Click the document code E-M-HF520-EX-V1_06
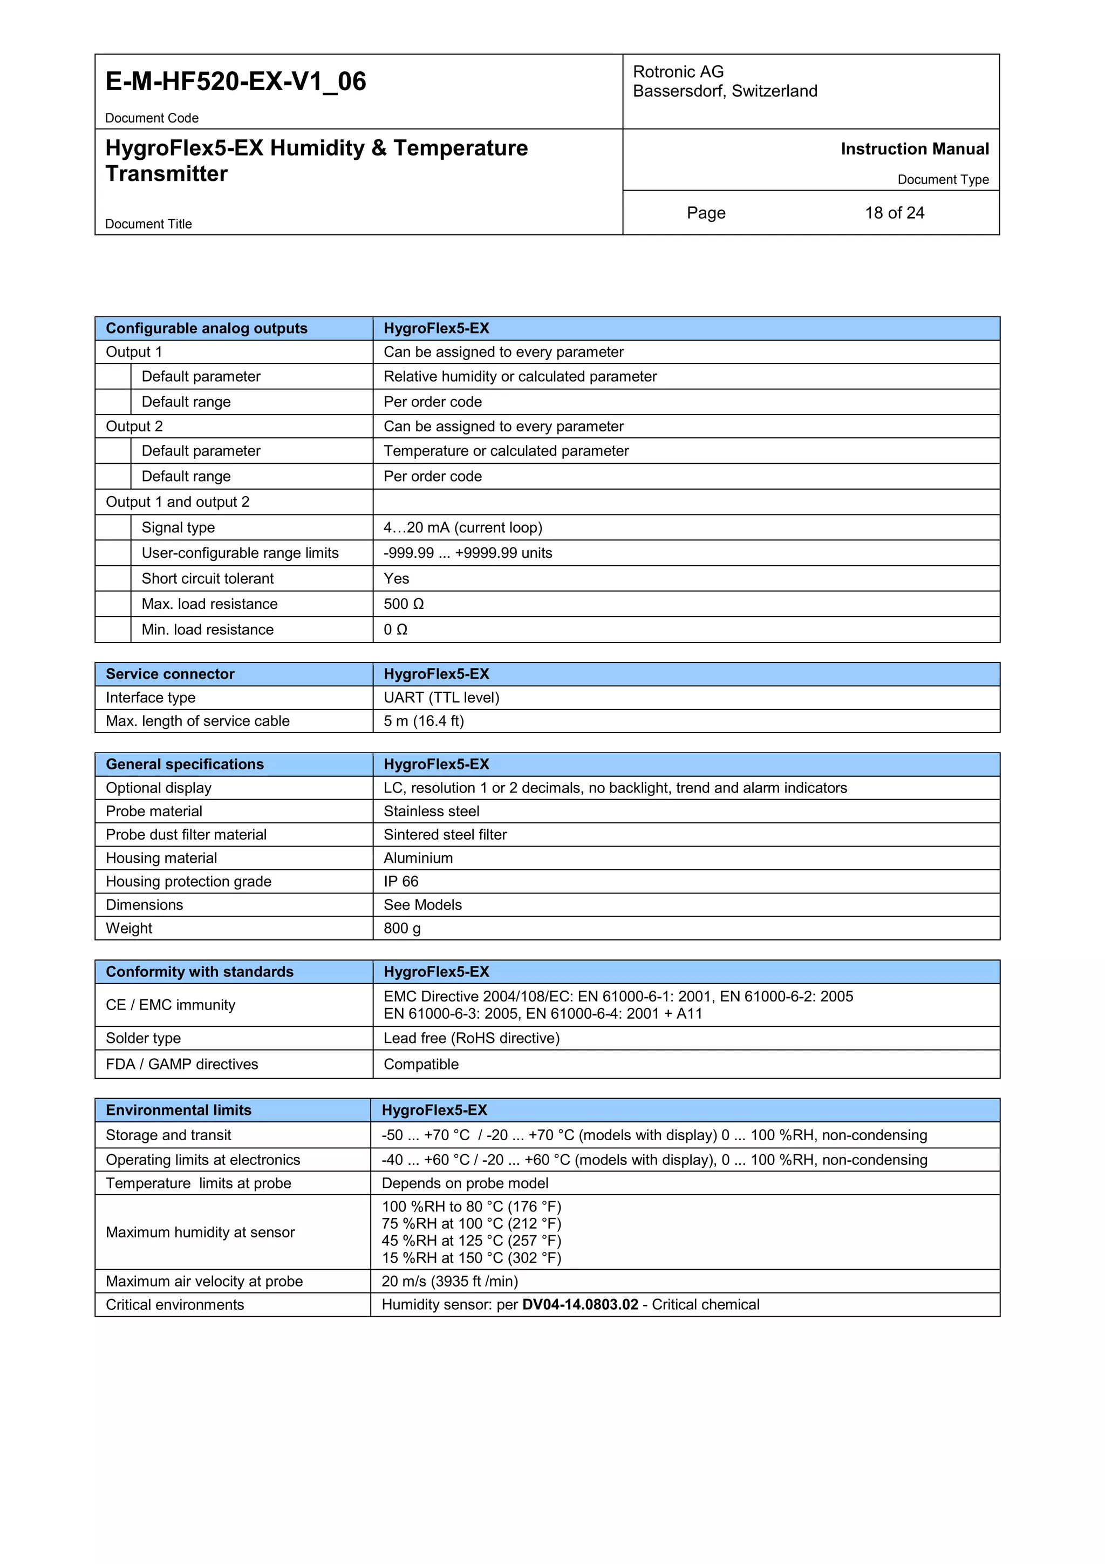point(236,82)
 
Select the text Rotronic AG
point(678,71)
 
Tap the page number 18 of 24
point(894,213)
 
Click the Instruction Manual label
point(915,149)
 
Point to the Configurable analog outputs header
point(206,328)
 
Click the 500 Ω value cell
point(404,604)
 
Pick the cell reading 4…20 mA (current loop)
point(463,528)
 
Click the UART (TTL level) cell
point(441,698)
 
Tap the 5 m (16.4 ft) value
point(424,721)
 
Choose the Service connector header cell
point(170,674)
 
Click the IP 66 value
point(401,882)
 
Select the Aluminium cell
point(418,858)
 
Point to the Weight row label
point(128,929)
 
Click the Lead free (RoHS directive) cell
point(471,1038)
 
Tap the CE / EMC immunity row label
point(170,1005)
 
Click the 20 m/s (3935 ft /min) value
point(449,1281)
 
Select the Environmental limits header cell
point(179,1111)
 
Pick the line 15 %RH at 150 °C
point(471,1258)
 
